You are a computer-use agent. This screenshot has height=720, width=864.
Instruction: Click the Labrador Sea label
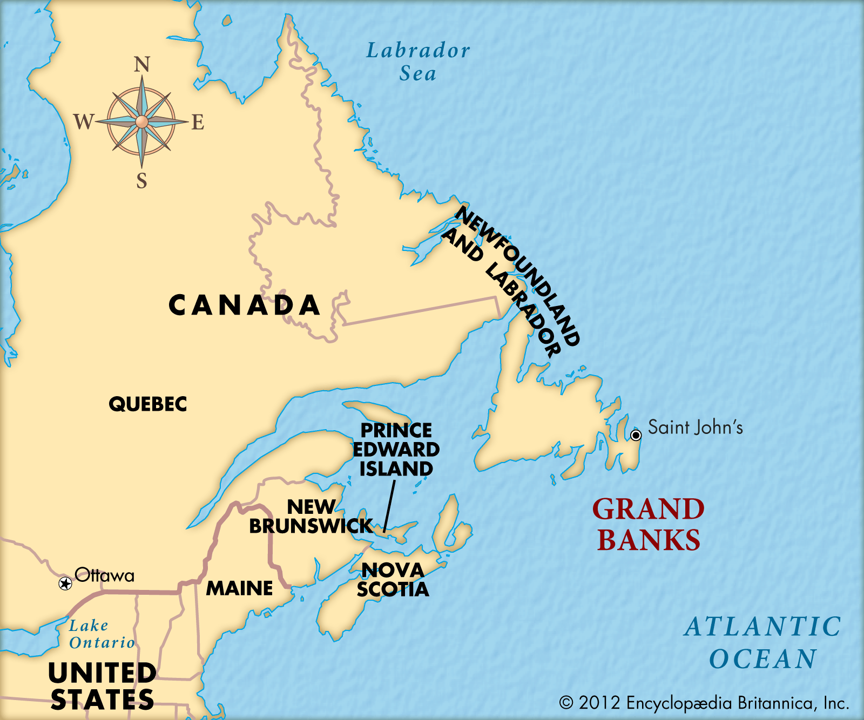(418, 62)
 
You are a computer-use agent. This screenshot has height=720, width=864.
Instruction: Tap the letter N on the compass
(141, 65)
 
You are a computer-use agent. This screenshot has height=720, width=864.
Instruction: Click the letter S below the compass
(141, 181)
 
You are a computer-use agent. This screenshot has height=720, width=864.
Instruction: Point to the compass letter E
(198, 123)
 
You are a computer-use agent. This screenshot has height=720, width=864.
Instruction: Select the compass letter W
(84, 122)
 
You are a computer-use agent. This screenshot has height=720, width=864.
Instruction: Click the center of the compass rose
(141, 122)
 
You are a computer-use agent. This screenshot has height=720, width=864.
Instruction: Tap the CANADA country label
(245, 305)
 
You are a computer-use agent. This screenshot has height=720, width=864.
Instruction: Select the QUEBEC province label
(148, 404)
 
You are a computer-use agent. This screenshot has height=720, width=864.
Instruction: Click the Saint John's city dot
(636, 435)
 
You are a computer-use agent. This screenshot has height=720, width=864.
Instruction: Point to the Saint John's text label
(696, 427)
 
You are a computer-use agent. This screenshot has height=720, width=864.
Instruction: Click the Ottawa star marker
(65, 583)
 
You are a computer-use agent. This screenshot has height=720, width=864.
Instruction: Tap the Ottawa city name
(105, 575)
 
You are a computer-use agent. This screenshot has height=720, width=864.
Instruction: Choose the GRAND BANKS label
(649, 525)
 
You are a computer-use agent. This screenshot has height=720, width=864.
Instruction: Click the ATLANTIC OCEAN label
(762, 643)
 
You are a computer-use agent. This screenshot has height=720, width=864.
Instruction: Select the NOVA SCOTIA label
(393, 580)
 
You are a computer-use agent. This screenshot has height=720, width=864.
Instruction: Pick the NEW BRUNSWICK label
(310, 517)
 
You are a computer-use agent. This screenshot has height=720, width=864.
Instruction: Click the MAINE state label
(240, 588)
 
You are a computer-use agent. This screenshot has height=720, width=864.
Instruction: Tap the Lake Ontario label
(102, 634)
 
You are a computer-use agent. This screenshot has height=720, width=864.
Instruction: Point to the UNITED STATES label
(102, 686)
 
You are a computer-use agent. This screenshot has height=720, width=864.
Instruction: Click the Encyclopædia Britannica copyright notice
(704, 703)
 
